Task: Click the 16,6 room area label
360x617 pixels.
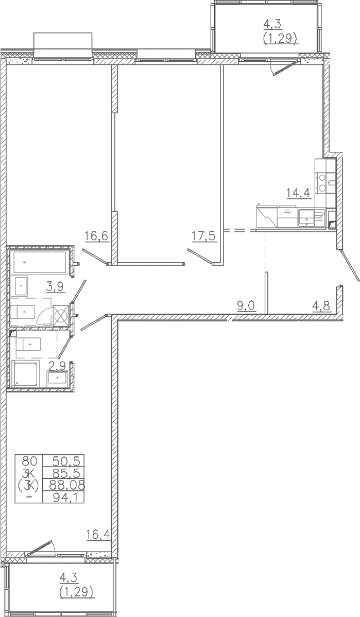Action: pyautogui.click(x=96, y=236)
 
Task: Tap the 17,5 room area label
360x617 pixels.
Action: pyautogui.click(x=203, y=236)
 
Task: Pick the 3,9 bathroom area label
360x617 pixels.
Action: pyautogui.click(x=56, y=286)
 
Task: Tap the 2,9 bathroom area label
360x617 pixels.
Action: pyautogui.click(x=56, y=366)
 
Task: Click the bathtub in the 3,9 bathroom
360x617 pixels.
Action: pyautogui.click(x=40, y=261)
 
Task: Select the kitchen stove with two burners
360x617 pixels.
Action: pyautogui.click(x=322, y=183)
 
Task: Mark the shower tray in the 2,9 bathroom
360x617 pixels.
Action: pyautogui.click(x=26, y=373)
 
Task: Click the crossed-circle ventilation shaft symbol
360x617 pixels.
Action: pyautogui.click(x=61, y=316)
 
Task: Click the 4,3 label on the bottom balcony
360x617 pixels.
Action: pyautogui.click(x=69, y=578)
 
